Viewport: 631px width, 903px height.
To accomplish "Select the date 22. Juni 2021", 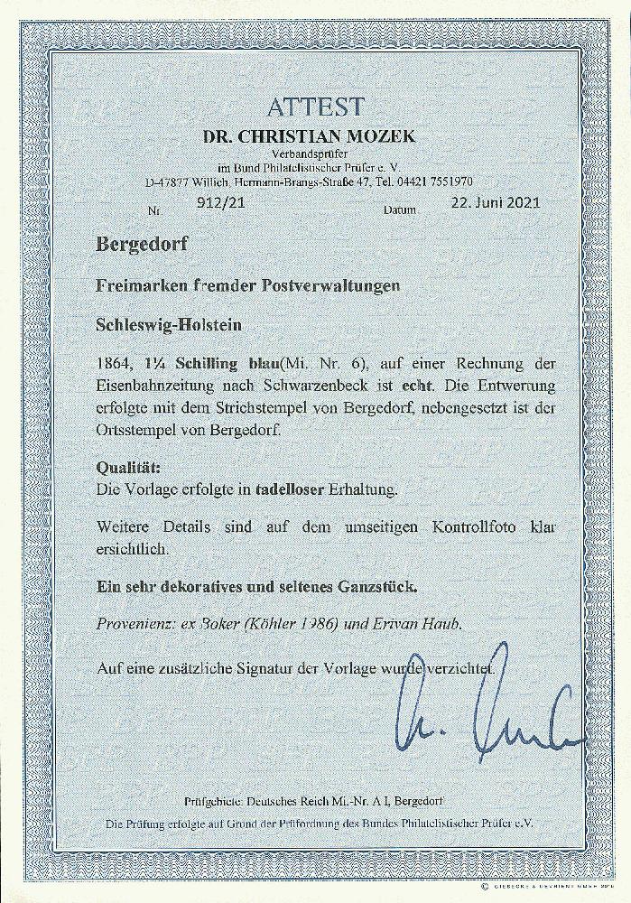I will click(x=495, y=202).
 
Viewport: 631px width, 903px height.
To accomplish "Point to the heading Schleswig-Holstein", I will click(x=163, y=322).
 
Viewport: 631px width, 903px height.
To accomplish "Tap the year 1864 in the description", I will click(x=112, y=362).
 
